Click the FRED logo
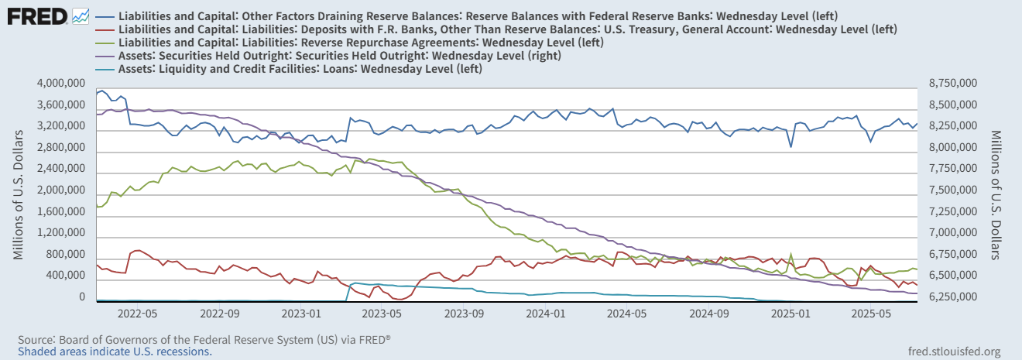tap(36, 15)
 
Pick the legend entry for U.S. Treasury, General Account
tap(508, 29)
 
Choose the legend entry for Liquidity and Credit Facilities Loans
tap(300, 69)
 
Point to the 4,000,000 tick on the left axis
tap(60, 83)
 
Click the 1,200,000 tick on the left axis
tap(60, 233)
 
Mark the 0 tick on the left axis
tap(81, 297)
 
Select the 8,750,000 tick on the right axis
tap(952, 83)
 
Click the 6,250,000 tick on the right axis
tap(952, 297)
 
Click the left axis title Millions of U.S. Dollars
tap(17, 194)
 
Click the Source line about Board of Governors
tap(204, 340)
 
